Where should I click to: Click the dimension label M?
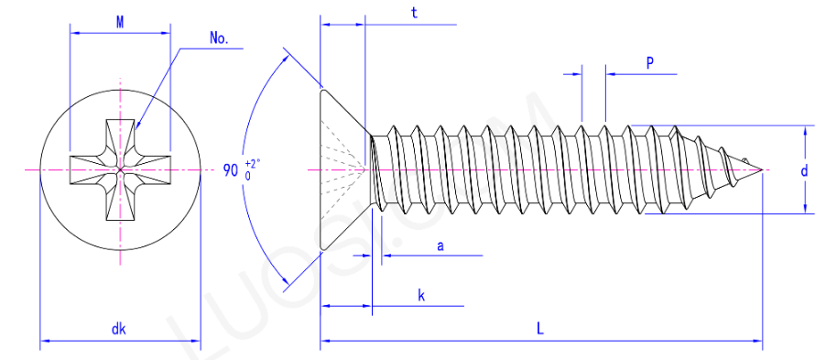[120, 22]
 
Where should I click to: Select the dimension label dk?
[118, 330]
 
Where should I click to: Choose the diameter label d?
[804, 171]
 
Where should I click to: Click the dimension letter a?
[440, 245]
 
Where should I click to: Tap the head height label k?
[421, 296]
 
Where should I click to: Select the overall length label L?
[540, 330]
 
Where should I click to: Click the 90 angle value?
[231, 170]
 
